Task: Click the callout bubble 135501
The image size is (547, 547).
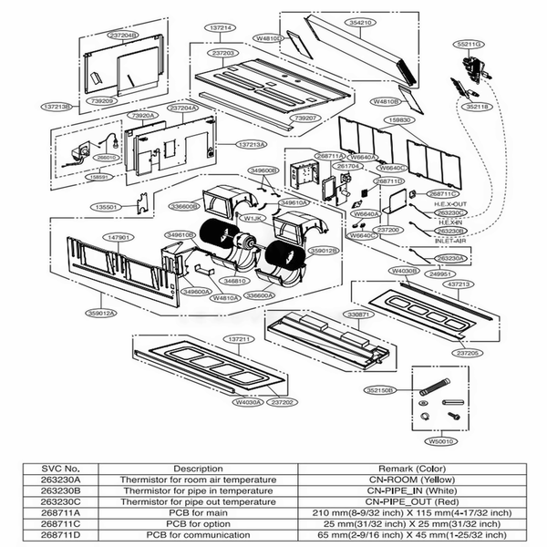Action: coord(108,207)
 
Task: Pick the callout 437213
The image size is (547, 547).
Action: coord(458,284)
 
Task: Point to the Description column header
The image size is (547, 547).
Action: coord(197,469)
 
